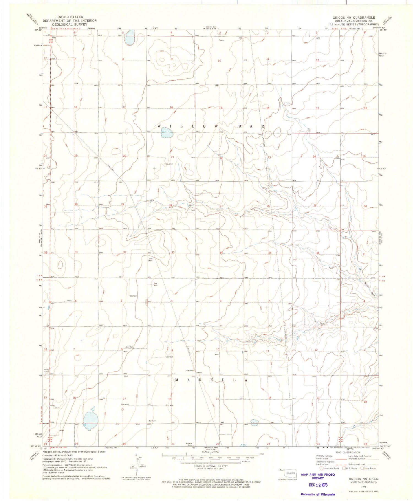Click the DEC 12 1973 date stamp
318,485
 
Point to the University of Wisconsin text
318,494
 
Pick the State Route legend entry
368,468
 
